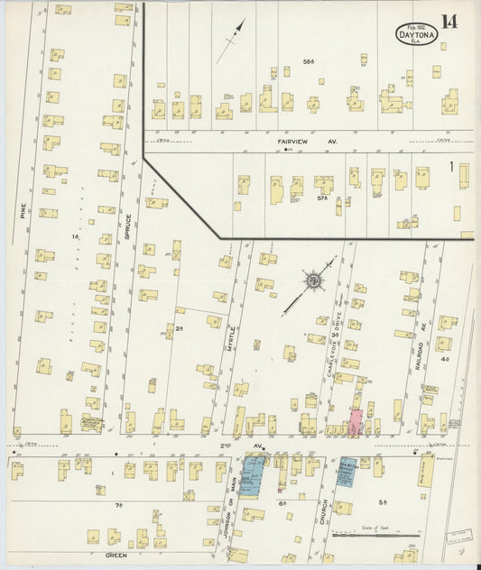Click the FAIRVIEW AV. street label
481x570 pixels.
coord(305,141)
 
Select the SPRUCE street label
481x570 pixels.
coord(128,224)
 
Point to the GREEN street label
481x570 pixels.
coord(116,556)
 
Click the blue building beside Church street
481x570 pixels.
coord(345,472)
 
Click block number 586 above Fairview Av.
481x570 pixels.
coord(308,61)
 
